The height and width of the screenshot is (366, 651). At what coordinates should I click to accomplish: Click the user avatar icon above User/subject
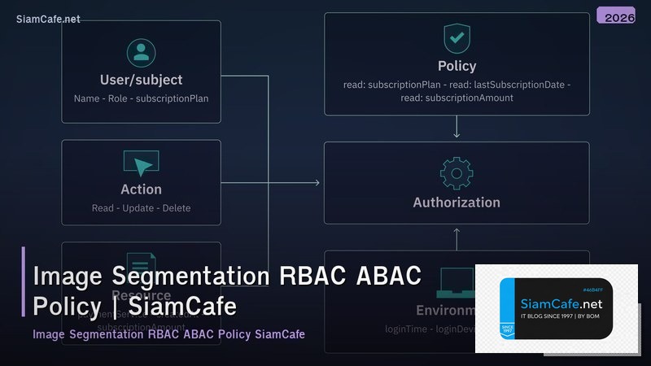141,53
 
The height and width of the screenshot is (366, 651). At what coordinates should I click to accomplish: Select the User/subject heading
141,80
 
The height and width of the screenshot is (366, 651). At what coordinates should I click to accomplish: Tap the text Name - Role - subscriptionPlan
141,98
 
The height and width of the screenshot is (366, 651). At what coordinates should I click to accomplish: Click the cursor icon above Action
142,163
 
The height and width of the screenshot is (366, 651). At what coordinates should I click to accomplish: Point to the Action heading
142,190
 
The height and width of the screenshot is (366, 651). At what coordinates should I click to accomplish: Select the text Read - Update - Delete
142,208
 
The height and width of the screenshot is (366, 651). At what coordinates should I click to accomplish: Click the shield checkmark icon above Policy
457,38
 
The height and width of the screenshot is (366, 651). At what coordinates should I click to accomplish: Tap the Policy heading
457,66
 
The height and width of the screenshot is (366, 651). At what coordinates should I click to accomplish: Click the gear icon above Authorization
456,173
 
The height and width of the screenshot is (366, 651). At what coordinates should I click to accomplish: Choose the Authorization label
457,203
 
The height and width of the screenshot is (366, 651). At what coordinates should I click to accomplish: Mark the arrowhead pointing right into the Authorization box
317,183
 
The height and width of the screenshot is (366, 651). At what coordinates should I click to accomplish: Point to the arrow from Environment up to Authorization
457,237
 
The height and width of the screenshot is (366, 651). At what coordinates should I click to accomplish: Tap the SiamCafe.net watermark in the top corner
48,20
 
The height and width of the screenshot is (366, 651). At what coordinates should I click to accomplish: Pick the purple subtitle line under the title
168,334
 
